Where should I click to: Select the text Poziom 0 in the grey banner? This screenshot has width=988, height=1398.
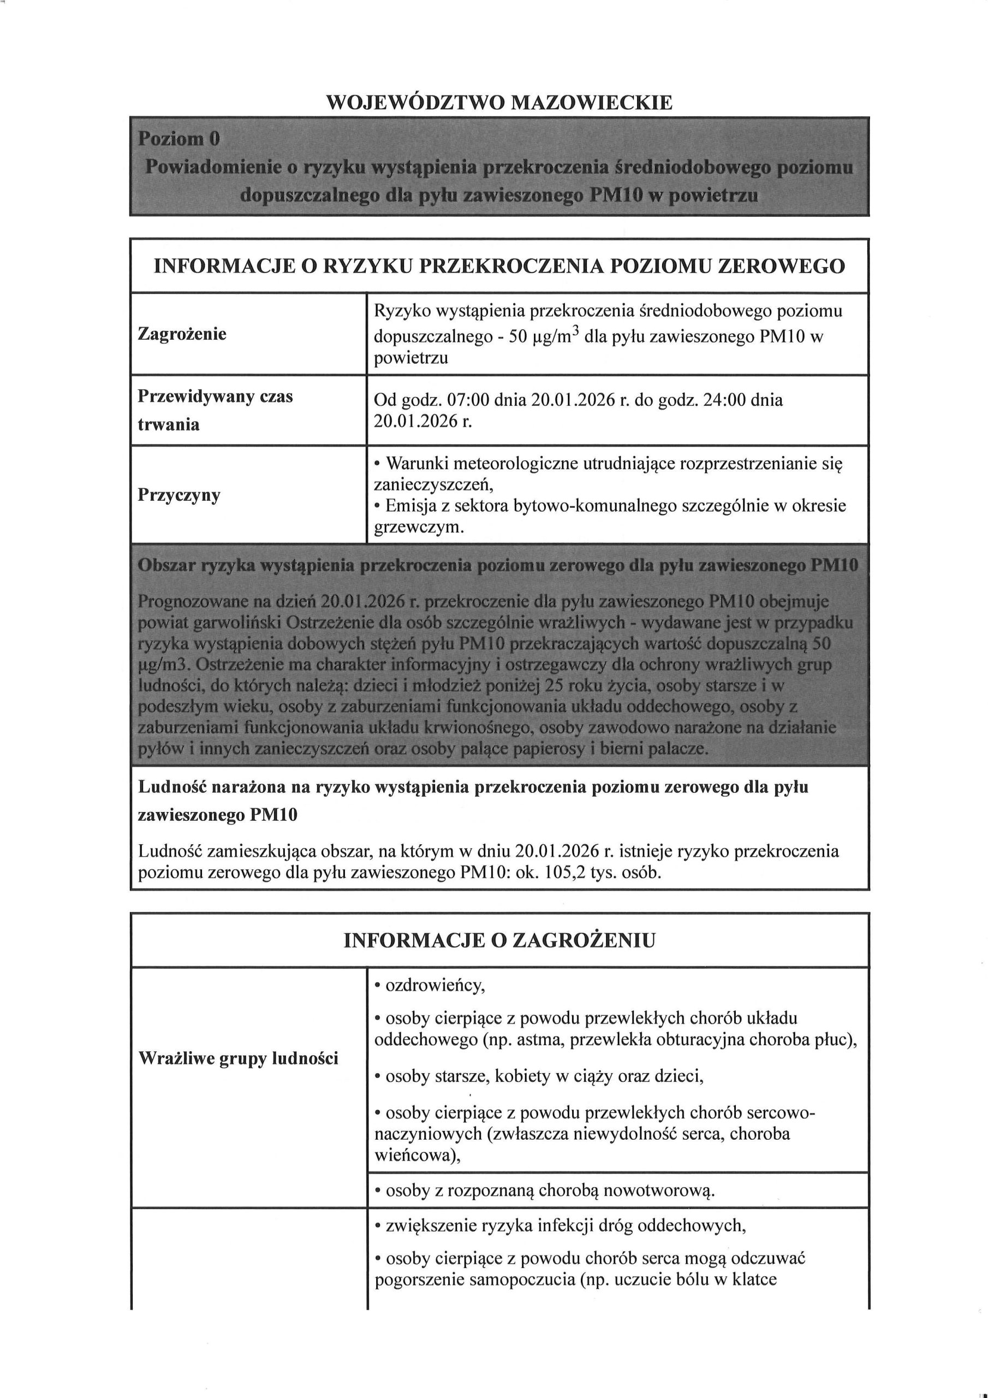(x=178, y=139)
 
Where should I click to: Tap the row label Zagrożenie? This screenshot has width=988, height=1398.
(x=182, y=334)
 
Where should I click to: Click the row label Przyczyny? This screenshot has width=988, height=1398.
(x=179, y=494)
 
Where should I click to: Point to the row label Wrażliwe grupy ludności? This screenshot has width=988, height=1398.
(x=238, y=1058)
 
